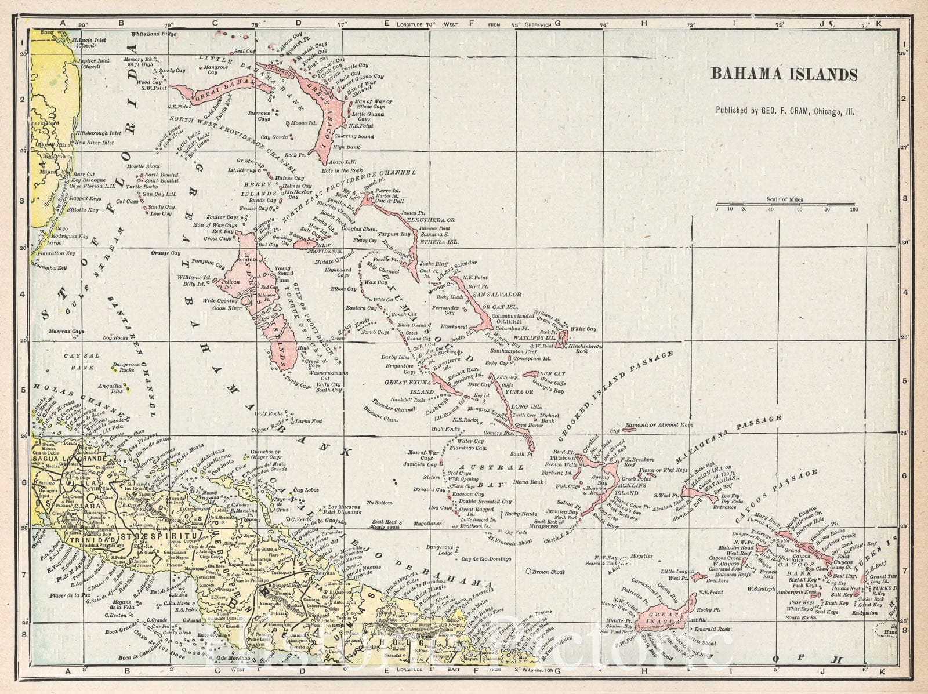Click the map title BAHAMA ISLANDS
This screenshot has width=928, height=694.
click(x=784, y=74)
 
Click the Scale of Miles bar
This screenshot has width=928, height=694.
click(x=785, y=205)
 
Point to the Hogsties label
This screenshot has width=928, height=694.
click(x=641, y=556)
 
